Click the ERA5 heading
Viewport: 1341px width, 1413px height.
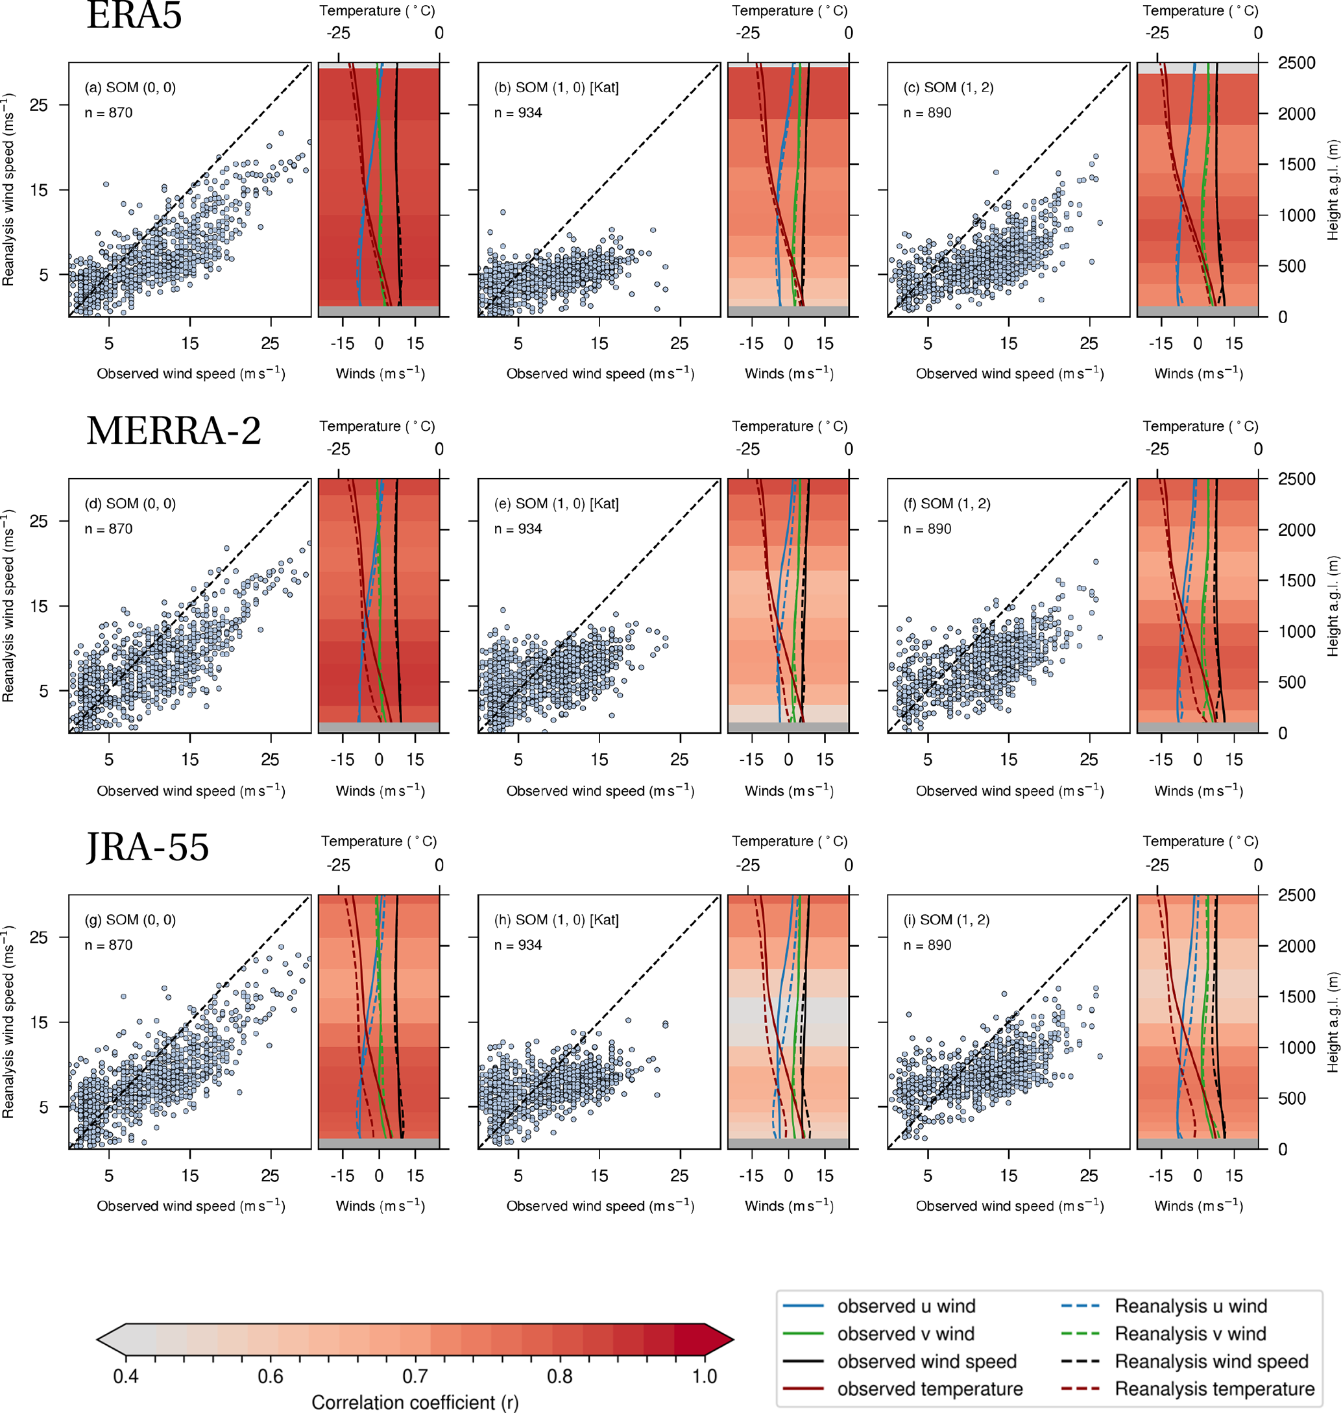134,16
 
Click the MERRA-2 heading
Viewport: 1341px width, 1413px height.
174,431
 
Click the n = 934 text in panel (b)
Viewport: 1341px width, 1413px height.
518,113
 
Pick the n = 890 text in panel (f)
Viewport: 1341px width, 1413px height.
927,529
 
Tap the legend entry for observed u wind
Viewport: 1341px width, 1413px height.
906,1307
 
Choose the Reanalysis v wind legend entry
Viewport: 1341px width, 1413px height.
1189,1334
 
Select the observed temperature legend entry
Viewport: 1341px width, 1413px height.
929,1389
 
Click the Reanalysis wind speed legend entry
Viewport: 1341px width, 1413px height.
1211,1362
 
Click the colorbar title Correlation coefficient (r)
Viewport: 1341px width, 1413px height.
415,1402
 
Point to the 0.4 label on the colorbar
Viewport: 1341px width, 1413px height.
126,1377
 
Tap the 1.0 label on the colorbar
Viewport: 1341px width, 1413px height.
704,1377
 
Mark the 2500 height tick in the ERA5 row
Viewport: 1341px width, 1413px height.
1296,63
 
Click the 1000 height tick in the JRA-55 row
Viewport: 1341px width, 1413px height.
1296,1048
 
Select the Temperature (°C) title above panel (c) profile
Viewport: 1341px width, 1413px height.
1200,11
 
